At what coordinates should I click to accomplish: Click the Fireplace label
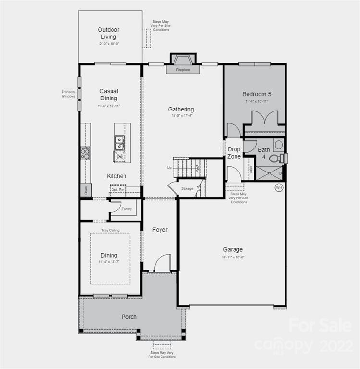(183, 70)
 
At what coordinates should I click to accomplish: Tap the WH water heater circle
(279, 188)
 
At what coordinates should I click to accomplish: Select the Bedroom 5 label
(257, 94)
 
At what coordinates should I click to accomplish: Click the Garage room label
(233, 249)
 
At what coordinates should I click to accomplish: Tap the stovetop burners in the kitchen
(85, 153)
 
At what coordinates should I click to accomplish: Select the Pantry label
(126, 209)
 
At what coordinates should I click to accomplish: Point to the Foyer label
(160, 230)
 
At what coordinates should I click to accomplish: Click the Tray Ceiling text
(110, 230)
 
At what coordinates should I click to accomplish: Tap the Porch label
(129, 317)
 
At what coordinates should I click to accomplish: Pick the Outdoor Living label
(109, 33)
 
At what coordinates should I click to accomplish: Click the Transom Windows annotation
(68, 94)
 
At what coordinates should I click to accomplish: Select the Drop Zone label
(234, 153)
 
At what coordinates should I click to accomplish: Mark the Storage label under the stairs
(187, 188)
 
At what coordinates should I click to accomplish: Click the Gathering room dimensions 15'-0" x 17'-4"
(181, 116)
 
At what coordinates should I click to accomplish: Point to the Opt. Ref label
(118, 190)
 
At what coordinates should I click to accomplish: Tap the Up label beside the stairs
(169, 167)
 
